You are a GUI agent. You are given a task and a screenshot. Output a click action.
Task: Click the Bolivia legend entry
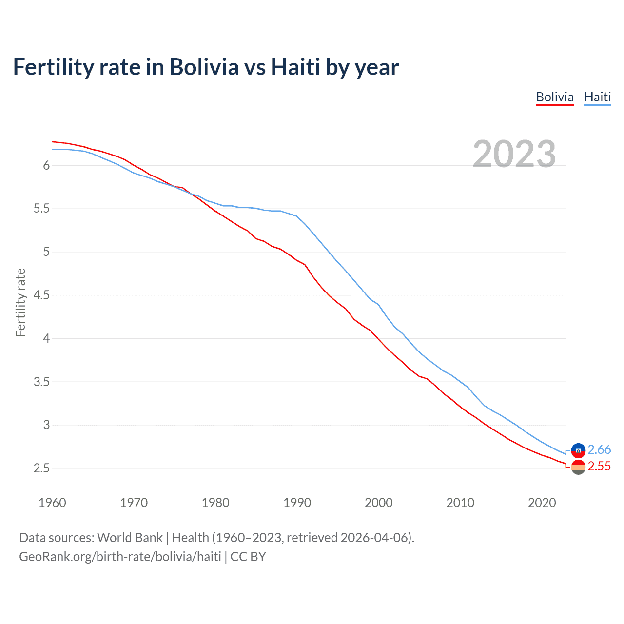(555, 97)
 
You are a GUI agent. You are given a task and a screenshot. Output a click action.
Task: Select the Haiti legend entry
(597, 97)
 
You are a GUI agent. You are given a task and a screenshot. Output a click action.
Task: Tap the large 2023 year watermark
(514, 154)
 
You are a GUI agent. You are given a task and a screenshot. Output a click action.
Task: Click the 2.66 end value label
(599, 449)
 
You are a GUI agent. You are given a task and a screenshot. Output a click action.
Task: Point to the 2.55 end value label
(599, 467)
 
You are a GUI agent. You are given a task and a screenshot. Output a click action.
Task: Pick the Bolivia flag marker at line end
(578, 467)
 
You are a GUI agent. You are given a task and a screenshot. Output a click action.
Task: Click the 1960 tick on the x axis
(52, 503)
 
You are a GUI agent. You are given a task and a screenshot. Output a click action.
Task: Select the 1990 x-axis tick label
(297, 503)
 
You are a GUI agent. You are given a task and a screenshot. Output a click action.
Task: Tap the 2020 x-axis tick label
(542, 503)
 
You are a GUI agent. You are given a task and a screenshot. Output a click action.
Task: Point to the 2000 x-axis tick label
(378, 503)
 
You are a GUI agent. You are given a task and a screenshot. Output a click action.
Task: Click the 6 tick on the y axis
(46, 166)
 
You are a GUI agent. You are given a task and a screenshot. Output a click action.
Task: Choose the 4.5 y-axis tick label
(41, 295)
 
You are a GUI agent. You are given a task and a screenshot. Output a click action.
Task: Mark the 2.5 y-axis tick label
(41, 468)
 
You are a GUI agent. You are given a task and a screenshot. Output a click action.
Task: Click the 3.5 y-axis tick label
(41, 382)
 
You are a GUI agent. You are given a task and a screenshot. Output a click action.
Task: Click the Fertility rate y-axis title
(20, 302)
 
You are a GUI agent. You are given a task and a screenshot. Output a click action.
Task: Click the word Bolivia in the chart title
(204, 67)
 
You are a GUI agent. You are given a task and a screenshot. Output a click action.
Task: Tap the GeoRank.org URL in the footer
(120, 557)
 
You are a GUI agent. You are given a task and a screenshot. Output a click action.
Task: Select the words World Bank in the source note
(130, 538)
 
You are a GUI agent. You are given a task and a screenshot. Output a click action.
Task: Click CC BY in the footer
(248, 557)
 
